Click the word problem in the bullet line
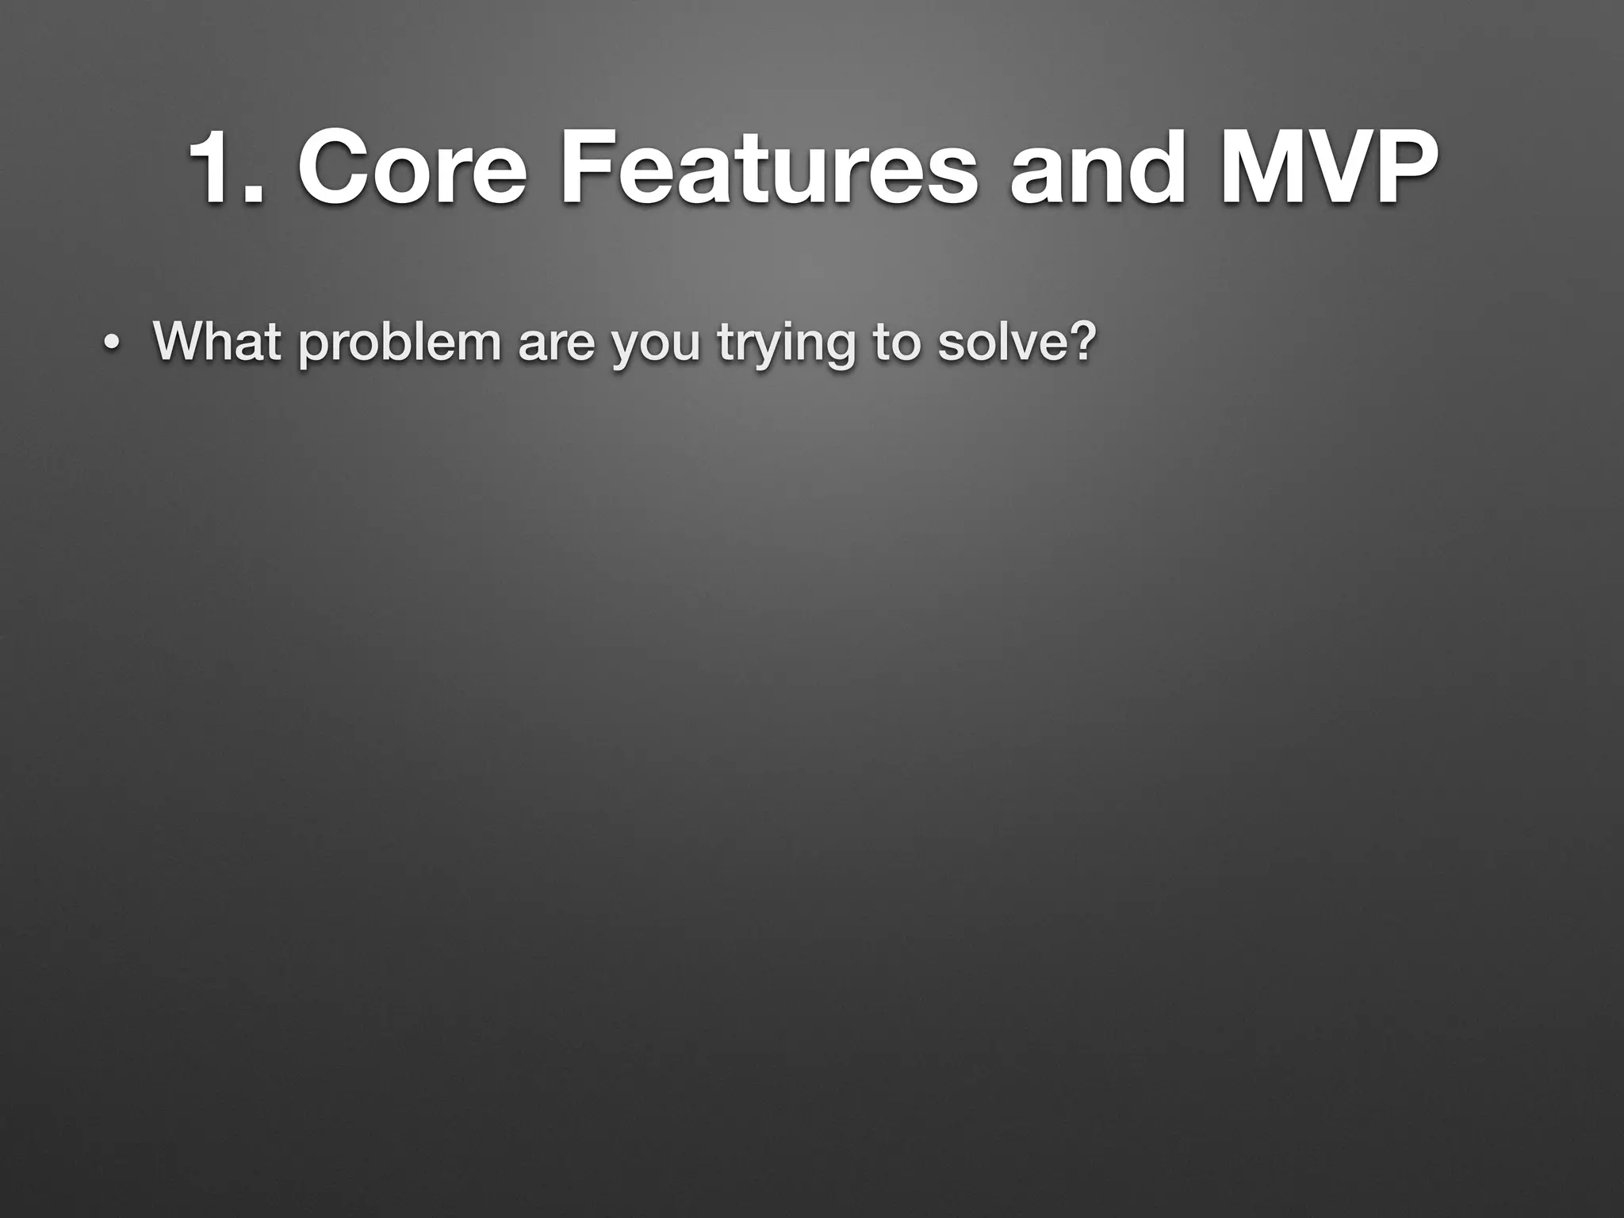[x=400, y=343]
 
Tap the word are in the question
[x=555, y=343]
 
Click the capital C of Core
[x=332, y=169]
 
